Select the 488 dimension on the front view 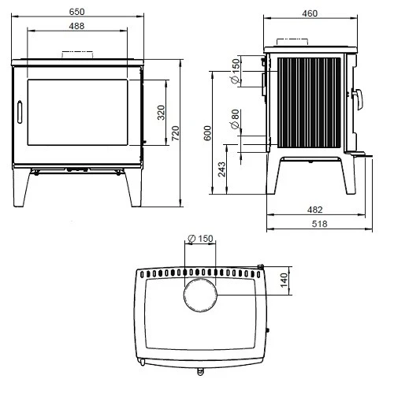coord(76,27)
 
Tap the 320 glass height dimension coord(161,113)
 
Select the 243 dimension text coord(222,169)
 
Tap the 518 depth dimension coord(318,225)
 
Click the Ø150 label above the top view coord(201,238)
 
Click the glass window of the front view coord(76,111)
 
